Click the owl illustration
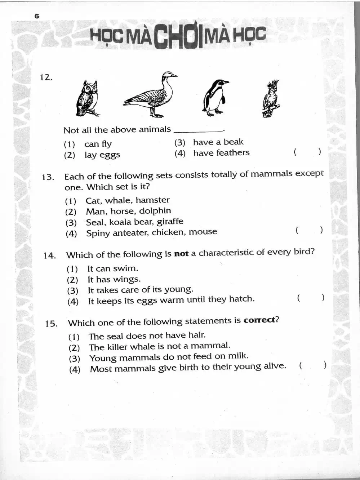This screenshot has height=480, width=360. [87, 98]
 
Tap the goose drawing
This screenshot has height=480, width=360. [151, 95]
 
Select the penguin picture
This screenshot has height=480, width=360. [215, 98]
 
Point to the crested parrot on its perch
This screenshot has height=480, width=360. [271, 99]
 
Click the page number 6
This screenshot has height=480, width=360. [37, 16]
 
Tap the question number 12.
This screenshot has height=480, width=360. [46, 77]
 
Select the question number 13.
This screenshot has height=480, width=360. [48, 177]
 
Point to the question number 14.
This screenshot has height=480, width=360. [50, 255]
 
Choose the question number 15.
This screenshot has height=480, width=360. [51, 323]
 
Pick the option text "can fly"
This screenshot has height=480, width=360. [98, 144]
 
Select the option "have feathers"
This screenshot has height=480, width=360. [221, 153]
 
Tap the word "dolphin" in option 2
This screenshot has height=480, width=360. [155, 211]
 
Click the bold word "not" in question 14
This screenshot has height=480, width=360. [181, 253]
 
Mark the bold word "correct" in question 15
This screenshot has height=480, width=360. [259, 320]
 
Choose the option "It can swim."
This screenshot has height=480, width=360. [112, 268]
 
